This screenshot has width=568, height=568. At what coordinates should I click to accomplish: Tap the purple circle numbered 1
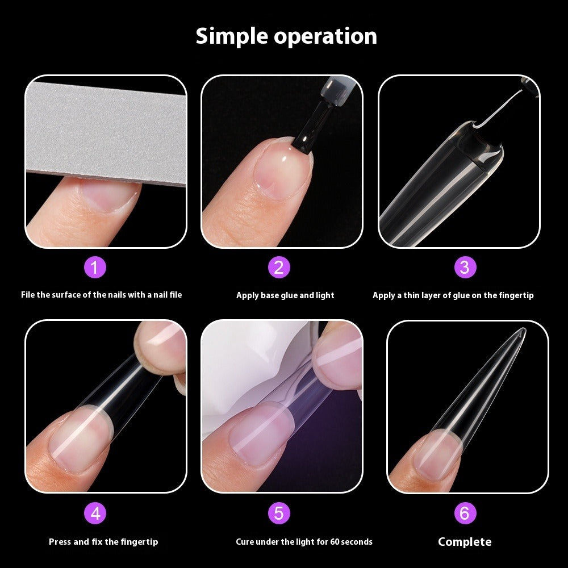click(95, 267)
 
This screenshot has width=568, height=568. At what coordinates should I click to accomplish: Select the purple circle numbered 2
click(279, 267)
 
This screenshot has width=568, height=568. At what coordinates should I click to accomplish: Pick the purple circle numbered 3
click(465, 267)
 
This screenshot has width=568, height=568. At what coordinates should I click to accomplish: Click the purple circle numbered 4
click(95, 513)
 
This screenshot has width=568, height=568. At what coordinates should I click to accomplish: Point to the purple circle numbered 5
click(279, 513)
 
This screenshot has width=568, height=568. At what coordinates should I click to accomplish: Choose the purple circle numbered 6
click(465, 513)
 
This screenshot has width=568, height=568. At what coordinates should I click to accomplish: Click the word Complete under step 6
click(465, 542)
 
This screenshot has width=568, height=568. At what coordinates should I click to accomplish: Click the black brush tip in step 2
click(305, 136)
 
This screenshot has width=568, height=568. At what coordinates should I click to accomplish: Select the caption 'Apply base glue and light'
click(285, 295)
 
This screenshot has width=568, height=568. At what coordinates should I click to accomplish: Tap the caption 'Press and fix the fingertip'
click(103, 542)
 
